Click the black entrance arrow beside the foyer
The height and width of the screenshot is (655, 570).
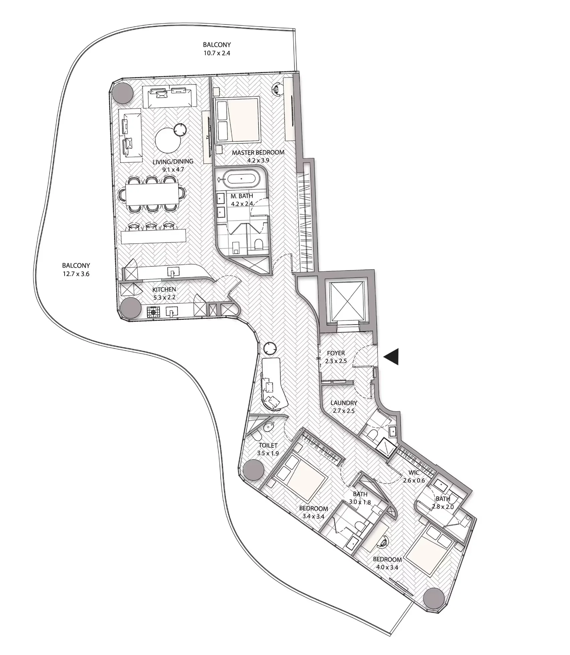point(392,357)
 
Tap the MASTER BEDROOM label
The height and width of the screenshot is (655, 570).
point(258,152)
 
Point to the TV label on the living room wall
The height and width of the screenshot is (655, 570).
point(208,137)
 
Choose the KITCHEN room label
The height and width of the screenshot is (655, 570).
point(164,289)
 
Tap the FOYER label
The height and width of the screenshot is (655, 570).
point(336,353)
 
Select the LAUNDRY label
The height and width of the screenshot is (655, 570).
point(343,403)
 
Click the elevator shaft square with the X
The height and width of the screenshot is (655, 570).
point(346,300)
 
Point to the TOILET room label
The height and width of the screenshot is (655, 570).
point(268,445)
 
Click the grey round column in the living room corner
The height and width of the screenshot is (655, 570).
point(122,93)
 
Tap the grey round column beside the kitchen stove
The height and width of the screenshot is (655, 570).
point(131,308)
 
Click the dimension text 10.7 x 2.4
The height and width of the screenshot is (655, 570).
point(217,53)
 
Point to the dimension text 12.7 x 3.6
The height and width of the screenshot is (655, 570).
point(76,274)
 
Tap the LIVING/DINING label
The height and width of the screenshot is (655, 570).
point(173,161)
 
